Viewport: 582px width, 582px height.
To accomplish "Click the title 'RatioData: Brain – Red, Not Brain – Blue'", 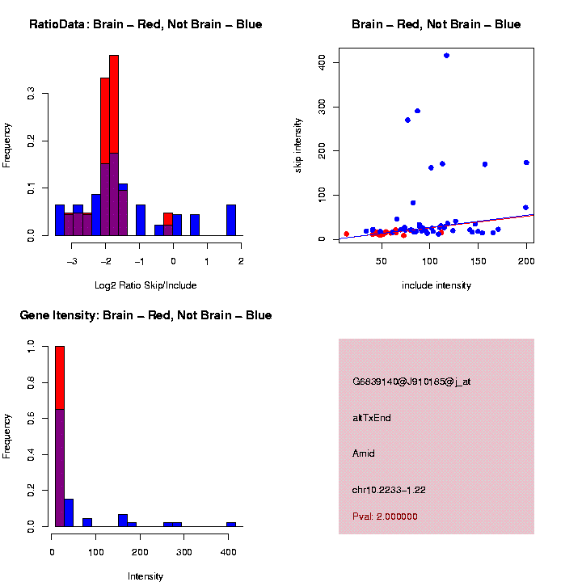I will (x=145, y=24).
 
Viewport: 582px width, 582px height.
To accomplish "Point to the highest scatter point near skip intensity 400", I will (x=446, y=56).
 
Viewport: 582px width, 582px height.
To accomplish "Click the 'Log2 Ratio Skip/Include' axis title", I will (x=145, y=285).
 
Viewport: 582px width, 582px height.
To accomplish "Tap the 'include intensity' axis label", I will (x=436, y=285).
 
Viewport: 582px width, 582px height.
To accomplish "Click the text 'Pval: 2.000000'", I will (x=385, y=517).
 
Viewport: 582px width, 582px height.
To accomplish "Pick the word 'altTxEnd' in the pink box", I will (x=372, y=418).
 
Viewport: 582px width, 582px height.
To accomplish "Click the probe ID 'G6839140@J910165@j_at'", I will (x=411, y=382).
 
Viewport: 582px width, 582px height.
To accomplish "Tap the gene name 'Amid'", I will (x=364, y=453).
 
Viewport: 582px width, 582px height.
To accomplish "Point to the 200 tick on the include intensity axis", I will (x=526, y=261).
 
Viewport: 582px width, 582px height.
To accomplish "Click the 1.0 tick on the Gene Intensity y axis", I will (x=31, y=346).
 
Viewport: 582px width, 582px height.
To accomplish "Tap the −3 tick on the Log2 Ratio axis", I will (x=72, y=261).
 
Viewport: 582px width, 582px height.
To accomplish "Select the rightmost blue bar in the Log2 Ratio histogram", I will (x=231, y=220).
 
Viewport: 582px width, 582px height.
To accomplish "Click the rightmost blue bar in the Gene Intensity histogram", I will (x=231, y=524).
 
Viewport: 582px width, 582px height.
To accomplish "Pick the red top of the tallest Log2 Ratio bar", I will (x=114, y=103).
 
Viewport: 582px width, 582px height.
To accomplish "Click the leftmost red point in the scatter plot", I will (x=346, y=234).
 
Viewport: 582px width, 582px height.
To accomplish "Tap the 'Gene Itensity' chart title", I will (x=145, y=315).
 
